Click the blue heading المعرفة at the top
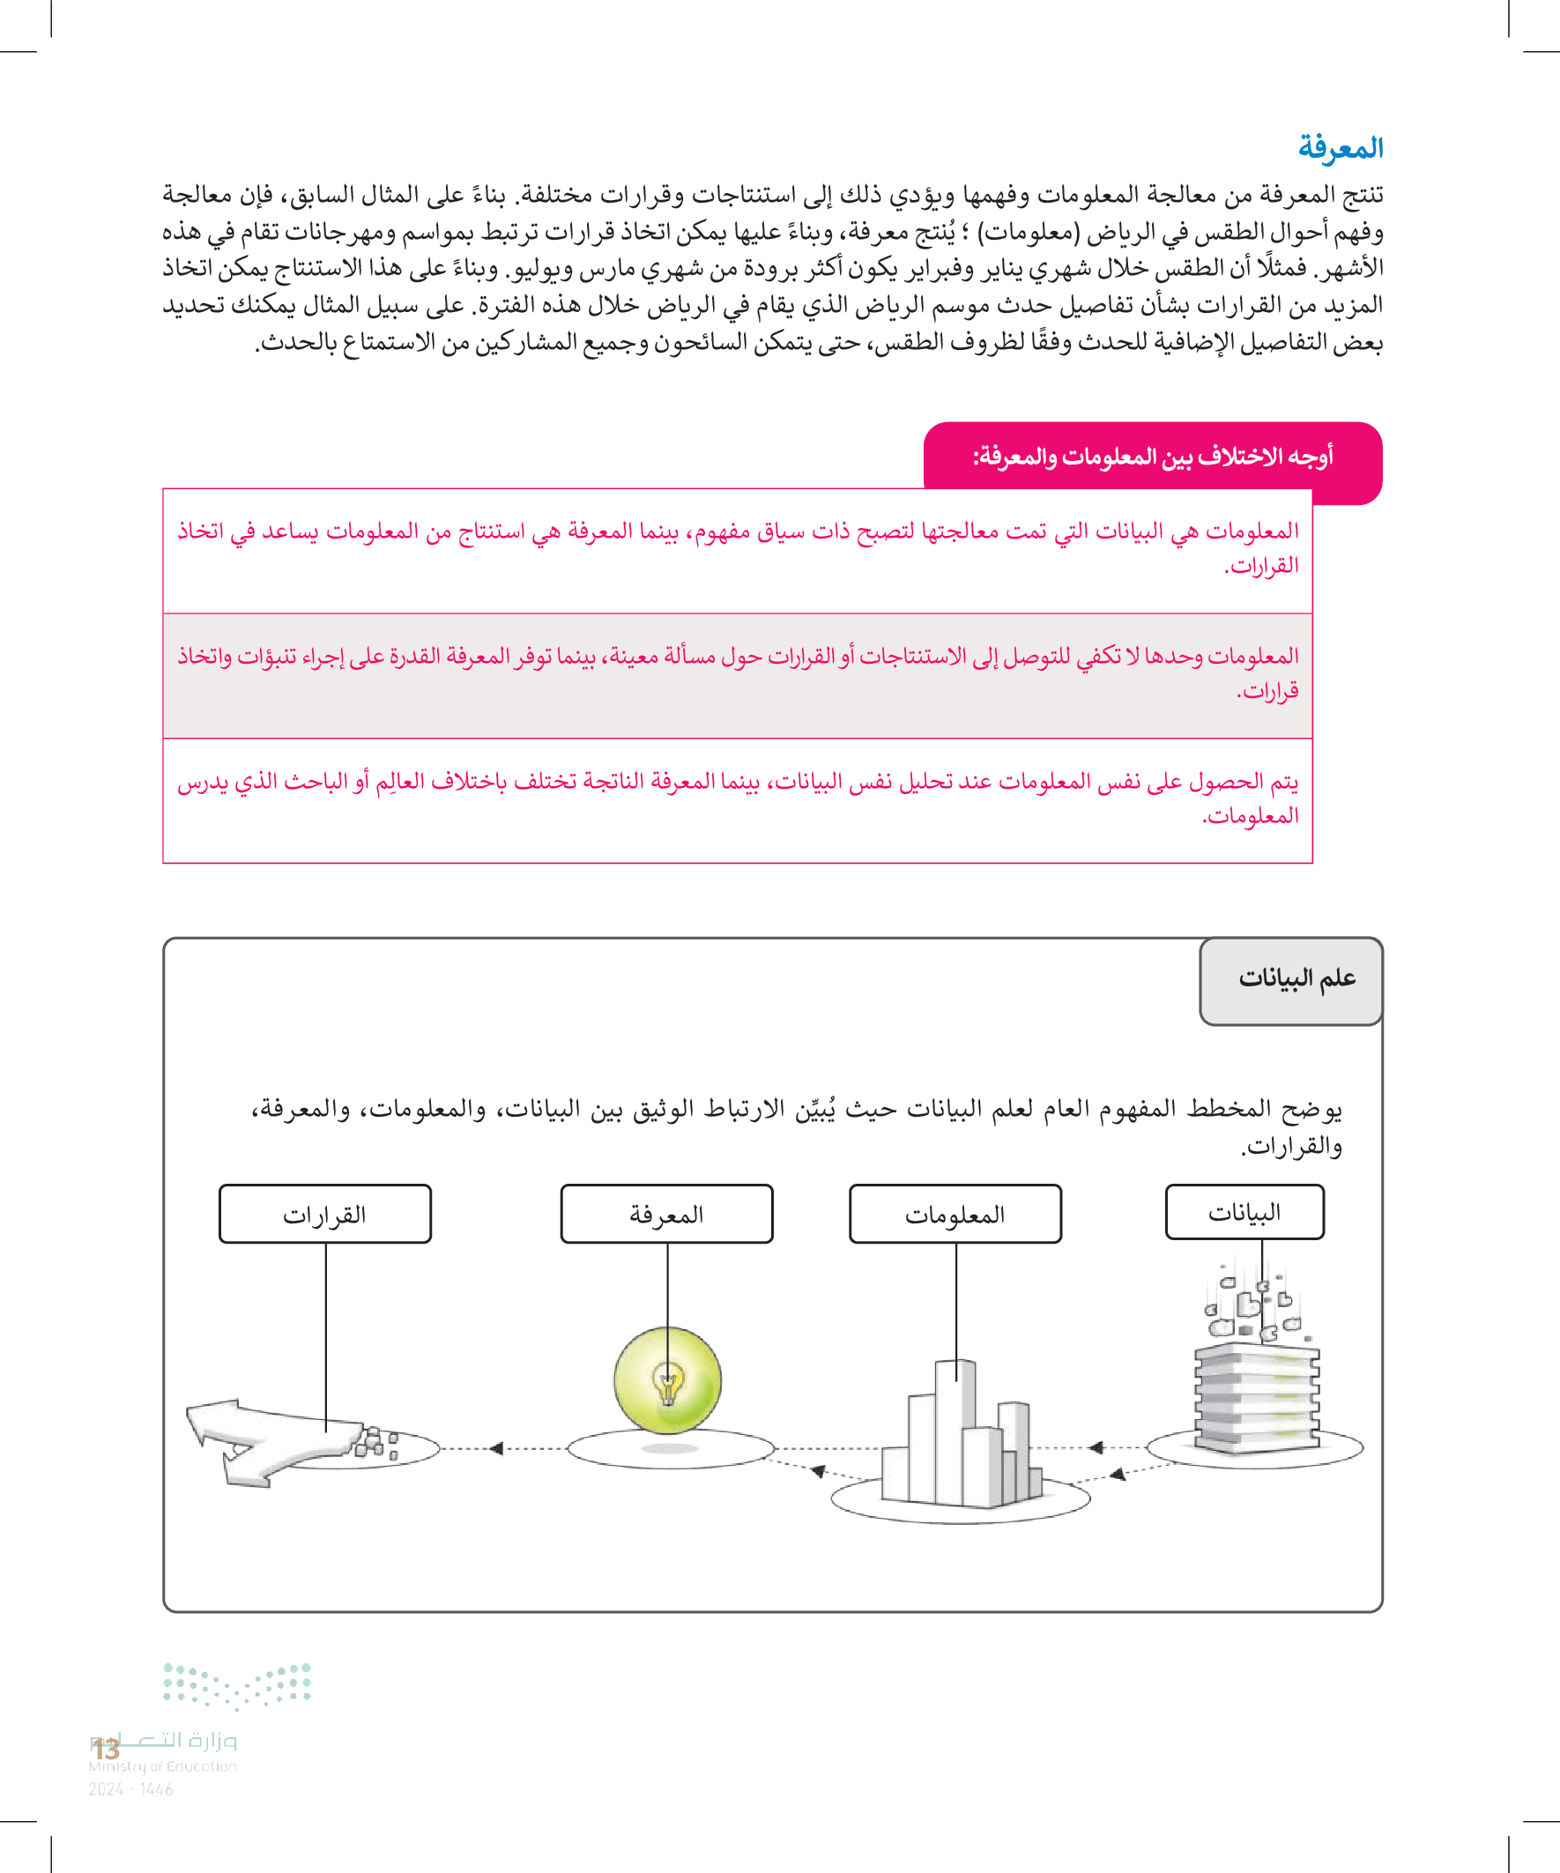(1340, 147)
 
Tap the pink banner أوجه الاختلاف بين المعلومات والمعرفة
(1152, 457)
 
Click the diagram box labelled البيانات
(1244, 1212)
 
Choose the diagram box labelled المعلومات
(955, 1214)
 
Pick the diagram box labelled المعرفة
(666, 1214)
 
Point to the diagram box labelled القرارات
(324, 1214)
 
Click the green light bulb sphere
(667, 1379)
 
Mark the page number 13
(107, 1749)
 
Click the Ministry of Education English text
(163, 1766)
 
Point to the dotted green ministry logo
(237, 1684)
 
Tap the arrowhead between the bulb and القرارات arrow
(497, 1448)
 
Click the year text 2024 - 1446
(131, 1789)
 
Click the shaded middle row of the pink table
(738, 675)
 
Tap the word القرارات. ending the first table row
(1261, 566)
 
